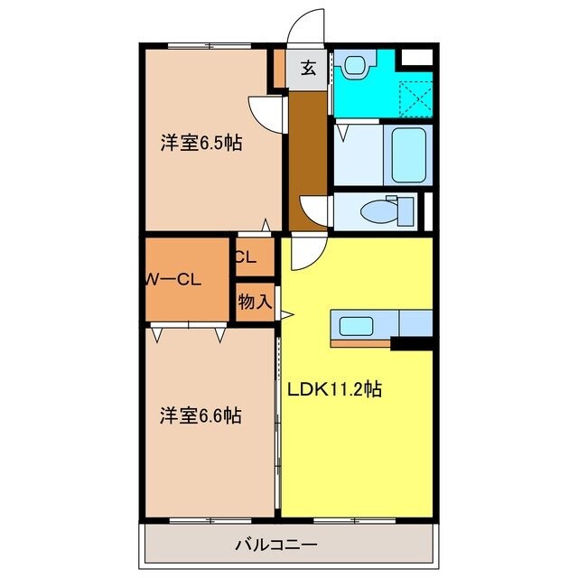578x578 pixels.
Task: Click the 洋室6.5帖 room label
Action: tap(201, 144)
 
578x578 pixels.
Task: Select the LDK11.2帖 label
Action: tap(334, 390)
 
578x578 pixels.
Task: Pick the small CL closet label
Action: tap(246, 256)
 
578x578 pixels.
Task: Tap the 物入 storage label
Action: tap(255, 302)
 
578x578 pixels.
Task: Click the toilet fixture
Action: tap(384, 210)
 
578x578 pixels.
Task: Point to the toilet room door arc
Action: tap(316, 211)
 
